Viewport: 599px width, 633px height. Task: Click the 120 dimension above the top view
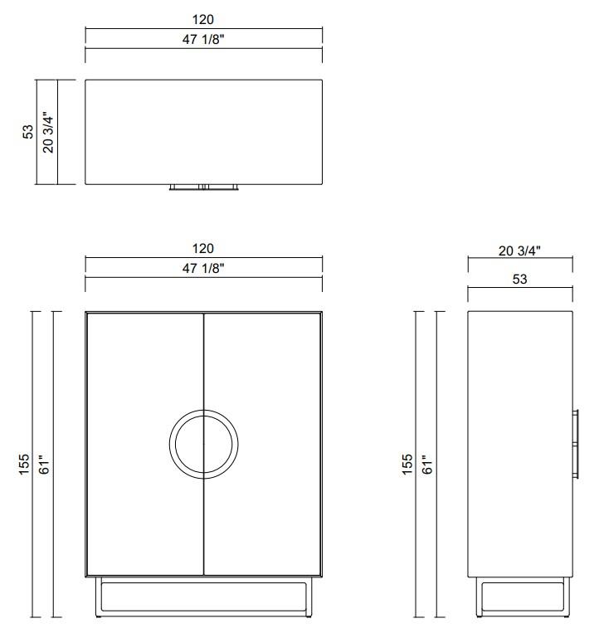pyautogui.click(x=203, y=19)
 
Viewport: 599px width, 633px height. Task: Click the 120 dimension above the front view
pyautogui.click(x=203, y=248)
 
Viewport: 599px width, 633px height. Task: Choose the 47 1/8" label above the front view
pyautogui.click(x=203, y=268)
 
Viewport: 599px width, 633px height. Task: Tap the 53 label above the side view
pyautogui.click(x=519, y=280)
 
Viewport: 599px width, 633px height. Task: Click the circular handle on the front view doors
pyautogui.click(x=204, y=443)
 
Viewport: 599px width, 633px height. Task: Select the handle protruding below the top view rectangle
pyautogui.click(x=204, y=187)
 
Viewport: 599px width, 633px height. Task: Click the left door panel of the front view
pyautogui.click(x=133, y=373)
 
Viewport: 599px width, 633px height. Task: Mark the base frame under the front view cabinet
pyautogui.click(x=204, y=597)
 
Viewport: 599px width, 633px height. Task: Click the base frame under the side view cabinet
pyautogui.click(x=519, y=597)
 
